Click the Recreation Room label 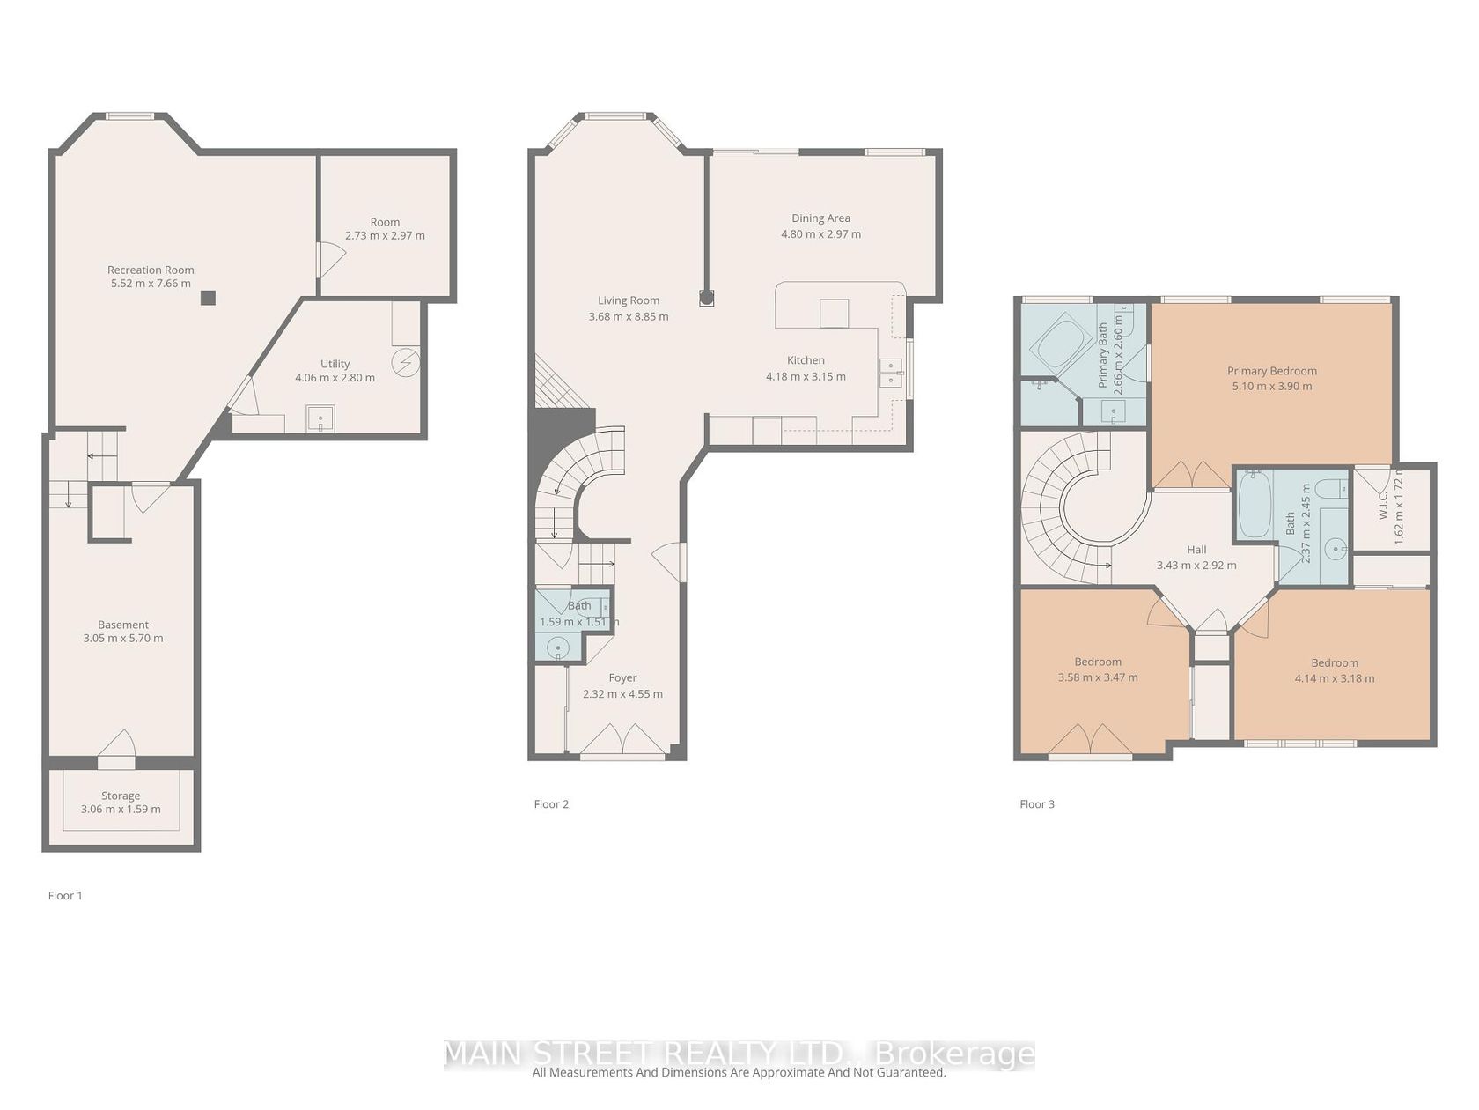(x=151, y=270)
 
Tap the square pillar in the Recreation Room (x=209, y=297)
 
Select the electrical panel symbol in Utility (x=406, y=363)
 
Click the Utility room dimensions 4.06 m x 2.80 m (x=335, y=377)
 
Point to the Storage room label (x=121, y=795)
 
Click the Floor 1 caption (x=65, y=895)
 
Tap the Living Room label (x=629, y=300)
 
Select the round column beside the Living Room (x=706, y=297)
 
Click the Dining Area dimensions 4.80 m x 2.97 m (x=820, y=233)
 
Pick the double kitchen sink (x=892, y=373)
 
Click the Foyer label (x=622, y=677)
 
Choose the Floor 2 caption (x=551, y=803)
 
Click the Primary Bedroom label (x=1271, y=371)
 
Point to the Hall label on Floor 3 (x=1196, y=549)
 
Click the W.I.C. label (x=1383, y=505)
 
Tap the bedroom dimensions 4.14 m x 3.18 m (x=1334, y=678)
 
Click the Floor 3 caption (x=1037, y=803)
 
